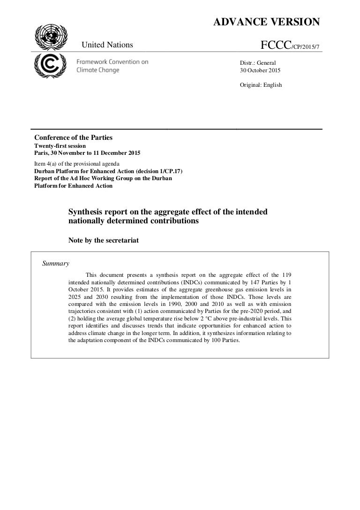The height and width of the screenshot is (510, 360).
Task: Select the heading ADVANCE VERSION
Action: [x=267, y=22]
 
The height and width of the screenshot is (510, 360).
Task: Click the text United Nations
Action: [x=107, y=45]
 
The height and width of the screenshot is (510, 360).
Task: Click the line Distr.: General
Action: [x=258, y=62]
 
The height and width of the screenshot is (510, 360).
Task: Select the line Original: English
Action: [x=261, y=85]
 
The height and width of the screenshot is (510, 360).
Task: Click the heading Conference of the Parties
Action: [x=73, y=137]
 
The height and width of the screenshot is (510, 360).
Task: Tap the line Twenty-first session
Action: [x=60, y=146]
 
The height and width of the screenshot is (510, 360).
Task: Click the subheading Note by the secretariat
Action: [x=104, y=241]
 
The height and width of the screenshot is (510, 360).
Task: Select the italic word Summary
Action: [x=56, y=263]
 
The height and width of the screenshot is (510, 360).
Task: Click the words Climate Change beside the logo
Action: [x=97, y=70]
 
